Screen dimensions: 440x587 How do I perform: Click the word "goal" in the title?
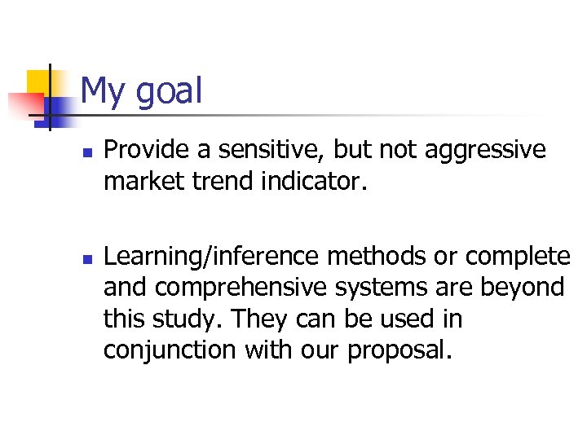[x=169, y=91]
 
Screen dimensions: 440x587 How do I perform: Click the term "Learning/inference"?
[x=213, y=257]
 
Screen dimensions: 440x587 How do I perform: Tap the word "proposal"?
[x=399, y=350]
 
